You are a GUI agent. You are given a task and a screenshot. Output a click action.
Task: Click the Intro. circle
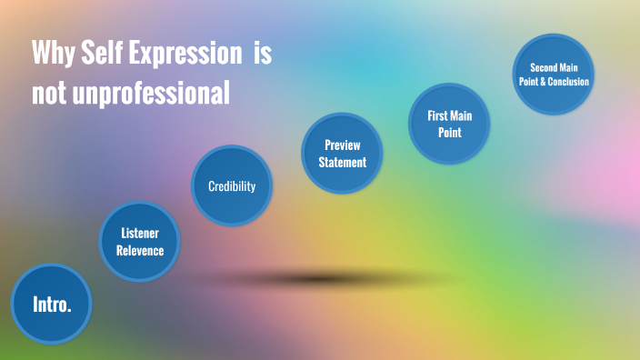pyautogui.click(x=52, y=304)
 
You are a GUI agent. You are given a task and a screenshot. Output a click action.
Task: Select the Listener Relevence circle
pyautogui.click(x=139, y=242)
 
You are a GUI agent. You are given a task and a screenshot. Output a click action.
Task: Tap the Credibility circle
pyautogui.click(x=232, y=186)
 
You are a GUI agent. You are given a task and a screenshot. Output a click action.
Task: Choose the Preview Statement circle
pyautogui.click(x=342, y=154)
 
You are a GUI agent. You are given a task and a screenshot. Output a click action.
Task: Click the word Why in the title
pyautogui.click(x=51, y=54)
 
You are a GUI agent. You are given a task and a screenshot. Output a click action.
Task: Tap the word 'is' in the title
pyautogui.click(x=263, y=54)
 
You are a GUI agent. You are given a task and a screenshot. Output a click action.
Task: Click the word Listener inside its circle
pyautogui.click(x=140, y=234)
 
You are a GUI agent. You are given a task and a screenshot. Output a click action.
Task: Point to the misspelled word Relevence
pyautogui.click(x=140, y=250)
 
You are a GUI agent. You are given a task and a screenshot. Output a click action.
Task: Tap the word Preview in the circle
pyautogui.click(x=343, y=145)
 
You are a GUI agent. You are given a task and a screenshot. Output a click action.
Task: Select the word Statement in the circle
pyautogui.click(x=343, y=163)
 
